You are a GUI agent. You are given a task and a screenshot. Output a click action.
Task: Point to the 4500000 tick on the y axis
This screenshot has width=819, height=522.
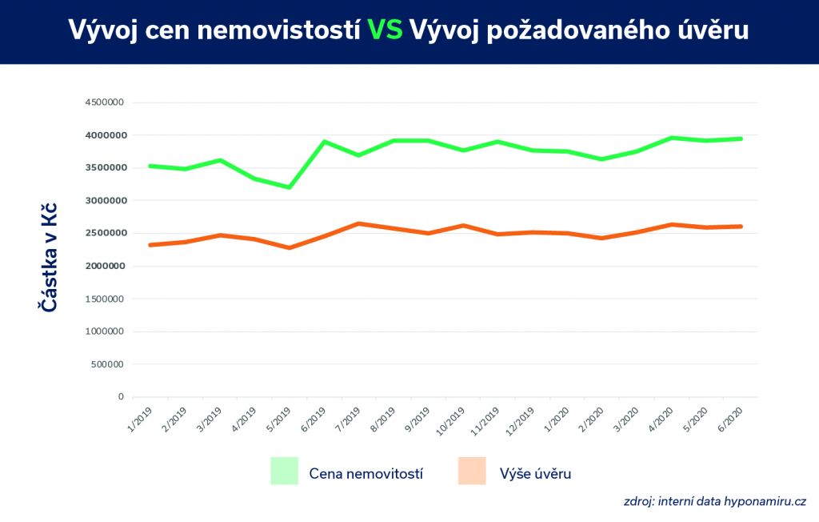tap(104, 102)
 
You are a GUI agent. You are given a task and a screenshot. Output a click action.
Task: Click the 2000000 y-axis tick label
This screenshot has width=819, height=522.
tap(104, 266)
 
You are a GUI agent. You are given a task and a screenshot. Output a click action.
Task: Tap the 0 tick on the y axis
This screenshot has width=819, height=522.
tap(121, 397)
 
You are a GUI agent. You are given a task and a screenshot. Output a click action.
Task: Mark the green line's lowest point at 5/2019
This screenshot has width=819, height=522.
tap(289, 188)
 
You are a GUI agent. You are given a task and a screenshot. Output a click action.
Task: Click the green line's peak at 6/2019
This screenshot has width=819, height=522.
tap(324, 142)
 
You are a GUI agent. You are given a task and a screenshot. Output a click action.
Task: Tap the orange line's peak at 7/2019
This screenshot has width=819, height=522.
tap(358, 223)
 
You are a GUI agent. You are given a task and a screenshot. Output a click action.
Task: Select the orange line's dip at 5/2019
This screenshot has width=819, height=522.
tap(289, 247)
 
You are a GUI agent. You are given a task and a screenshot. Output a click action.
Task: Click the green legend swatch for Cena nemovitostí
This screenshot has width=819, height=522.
tap(284, 471)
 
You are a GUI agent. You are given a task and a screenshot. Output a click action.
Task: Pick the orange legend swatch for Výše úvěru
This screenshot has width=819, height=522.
tap(472, 471)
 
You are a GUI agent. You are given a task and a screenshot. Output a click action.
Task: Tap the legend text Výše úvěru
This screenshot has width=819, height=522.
tap(535, 473)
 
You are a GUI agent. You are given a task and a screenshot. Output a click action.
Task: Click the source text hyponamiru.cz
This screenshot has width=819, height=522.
tap(765, 502)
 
